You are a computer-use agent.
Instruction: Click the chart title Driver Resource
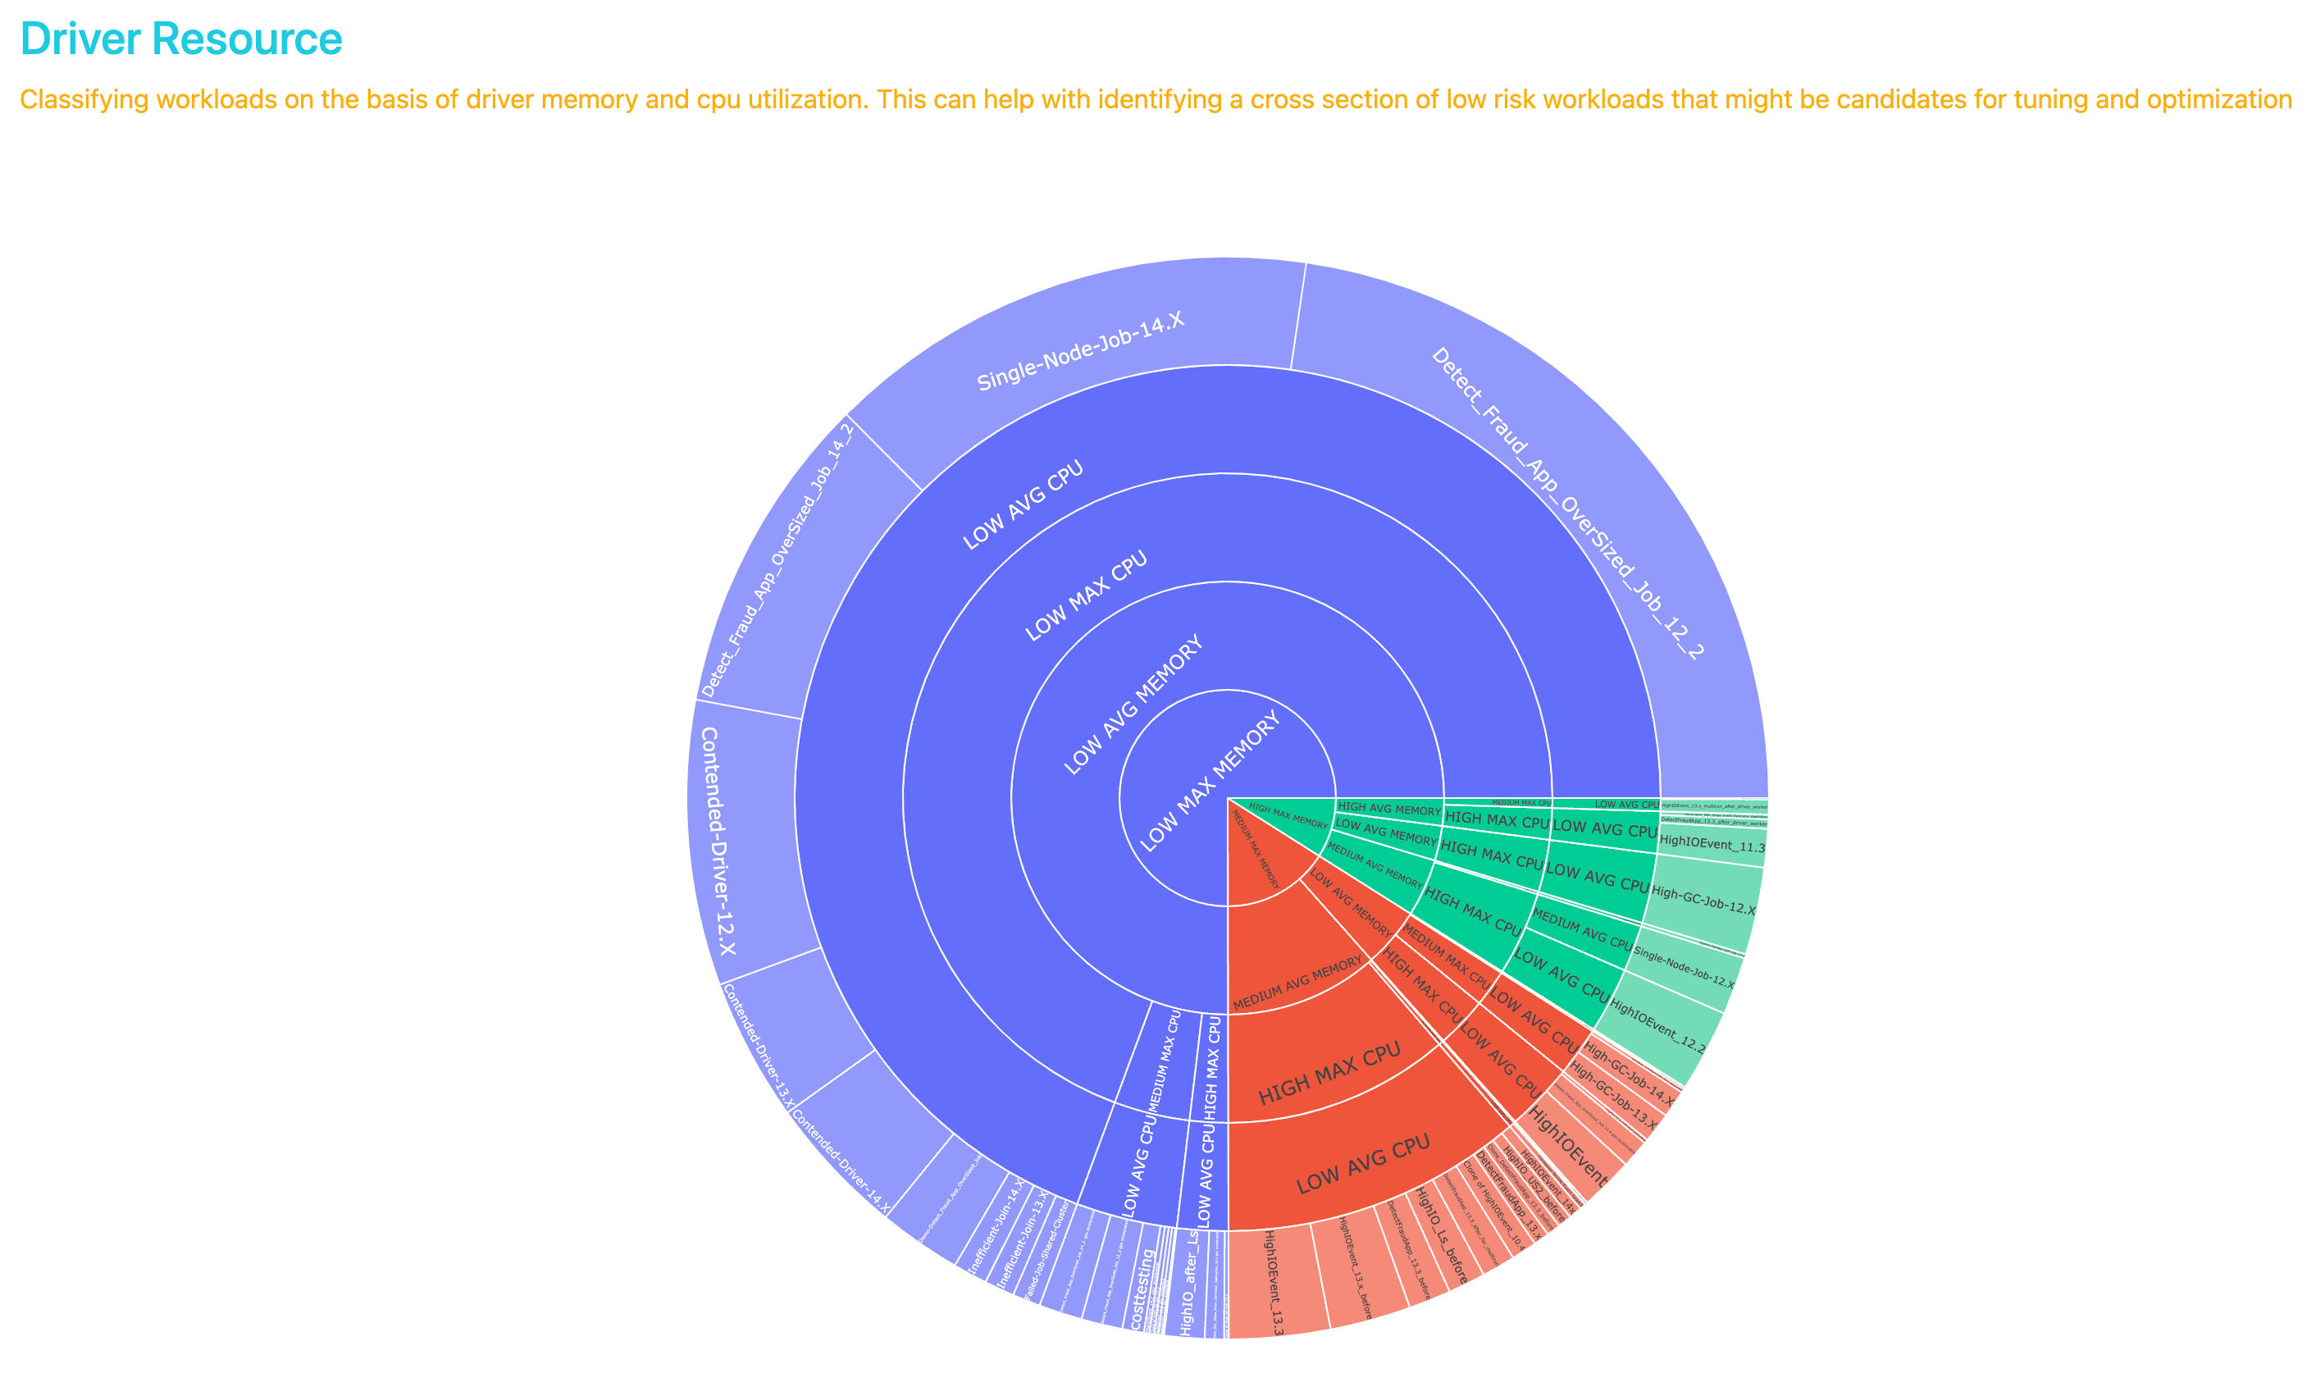(x=181, y=39)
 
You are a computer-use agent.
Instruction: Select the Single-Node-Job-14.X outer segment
(x=1079, y=350)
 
